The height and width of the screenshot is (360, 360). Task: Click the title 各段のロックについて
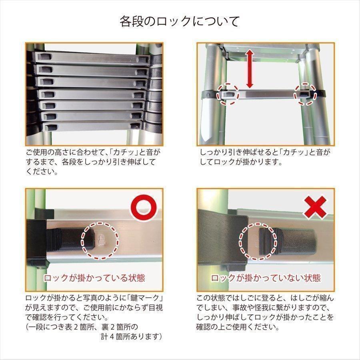180,21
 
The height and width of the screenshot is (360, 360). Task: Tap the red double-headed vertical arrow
250,69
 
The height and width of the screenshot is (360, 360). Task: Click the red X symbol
315,207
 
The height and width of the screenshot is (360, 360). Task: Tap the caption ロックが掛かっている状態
94,278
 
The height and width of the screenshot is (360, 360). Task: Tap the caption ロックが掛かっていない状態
266,278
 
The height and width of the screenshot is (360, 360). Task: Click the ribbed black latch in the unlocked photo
268,241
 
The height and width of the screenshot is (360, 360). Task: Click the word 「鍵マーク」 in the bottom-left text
146,298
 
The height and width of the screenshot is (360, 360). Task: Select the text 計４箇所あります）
132,336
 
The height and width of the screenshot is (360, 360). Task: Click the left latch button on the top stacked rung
44,56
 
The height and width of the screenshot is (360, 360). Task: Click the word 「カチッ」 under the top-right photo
297,152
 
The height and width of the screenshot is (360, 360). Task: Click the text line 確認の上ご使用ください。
238,327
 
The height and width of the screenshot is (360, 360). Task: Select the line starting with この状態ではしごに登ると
265,298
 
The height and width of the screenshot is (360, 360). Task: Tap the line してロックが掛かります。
241,162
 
